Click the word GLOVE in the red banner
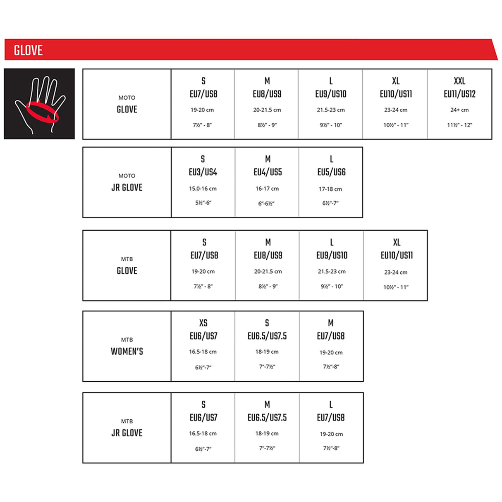[28, 50]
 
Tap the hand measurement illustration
[39, 104]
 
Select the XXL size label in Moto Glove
[459, 81]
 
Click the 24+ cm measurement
[459, 110]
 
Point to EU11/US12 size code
[459, 94]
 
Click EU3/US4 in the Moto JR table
[203, 172]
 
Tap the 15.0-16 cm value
[203, 189]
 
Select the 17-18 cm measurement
[330, 189]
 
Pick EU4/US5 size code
[268, 172]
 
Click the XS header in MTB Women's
[203, 323]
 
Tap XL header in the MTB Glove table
[396, 242]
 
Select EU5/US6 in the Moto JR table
[331, 172]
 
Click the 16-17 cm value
[267, 189]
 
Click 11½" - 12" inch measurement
[459, 125]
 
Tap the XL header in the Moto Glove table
[396, 81]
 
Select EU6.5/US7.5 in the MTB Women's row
[267, 336]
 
